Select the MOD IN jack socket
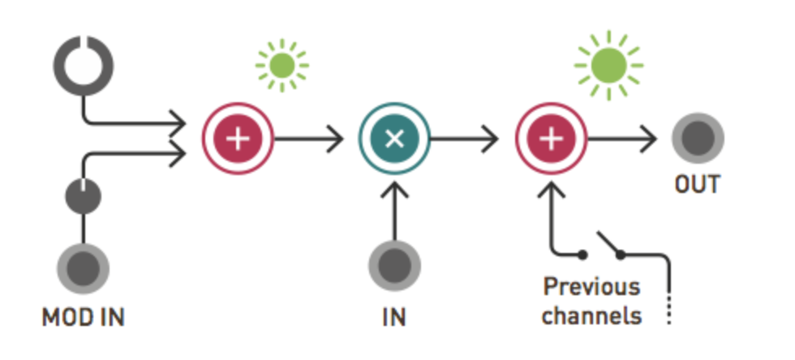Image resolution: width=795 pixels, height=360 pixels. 83,267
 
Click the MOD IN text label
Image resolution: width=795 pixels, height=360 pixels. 83,316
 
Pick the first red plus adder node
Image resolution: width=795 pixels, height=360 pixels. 238,139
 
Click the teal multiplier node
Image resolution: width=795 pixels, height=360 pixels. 394,139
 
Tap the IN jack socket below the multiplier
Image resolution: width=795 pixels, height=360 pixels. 394,267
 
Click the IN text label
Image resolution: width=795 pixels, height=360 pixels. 394,316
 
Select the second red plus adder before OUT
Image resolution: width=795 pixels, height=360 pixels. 552,139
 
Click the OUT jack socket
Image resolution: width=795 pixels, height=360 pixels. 698,139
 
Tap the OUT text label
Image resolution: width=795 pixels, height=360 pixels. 698,186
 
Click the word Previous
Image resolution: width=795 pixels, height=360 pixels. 591,287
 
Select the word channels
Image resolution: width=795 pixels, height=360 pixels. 591,315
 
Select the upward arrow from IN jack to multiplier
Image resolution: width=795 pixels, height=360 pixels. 394,211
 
